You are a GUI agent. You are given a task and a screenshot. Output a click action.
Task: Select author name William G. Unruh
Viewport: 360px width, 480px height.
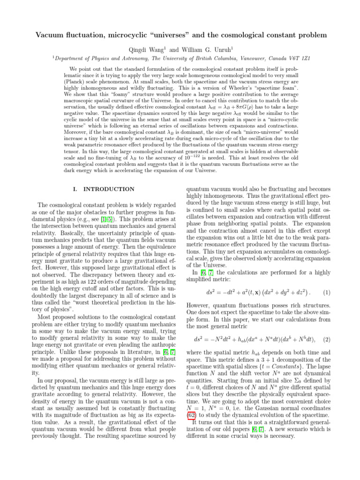tap(193, 48)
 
